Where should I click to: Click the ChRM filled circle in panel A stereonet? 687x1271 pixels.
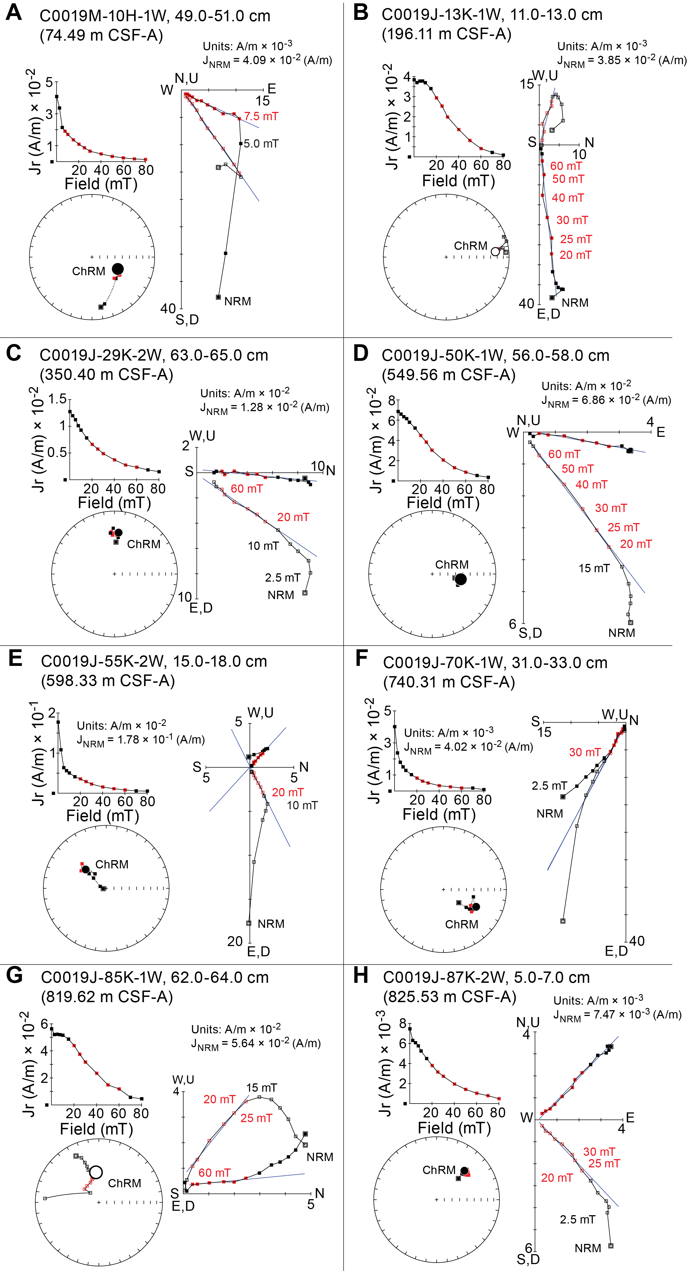click(x=117, y=269)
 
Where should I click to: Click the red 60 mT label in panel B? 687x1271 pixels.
click(x=566, y=166)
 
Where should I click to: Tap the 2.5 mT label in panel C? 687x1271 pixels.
click(x=282, y=577)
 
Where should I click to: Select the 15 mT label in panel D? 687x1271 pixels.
click(x=594, y=568)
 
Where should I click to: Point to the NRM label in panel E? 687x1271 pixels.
click(x=271, y=924)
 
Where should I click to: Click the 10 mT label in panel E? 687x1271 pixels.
click(x=302, y=805)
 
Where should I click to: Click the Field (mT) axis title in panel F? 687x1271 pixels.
click(x=439, y=814)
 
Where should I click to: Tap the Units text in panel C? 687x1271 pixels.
click(x=245, y=393)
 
